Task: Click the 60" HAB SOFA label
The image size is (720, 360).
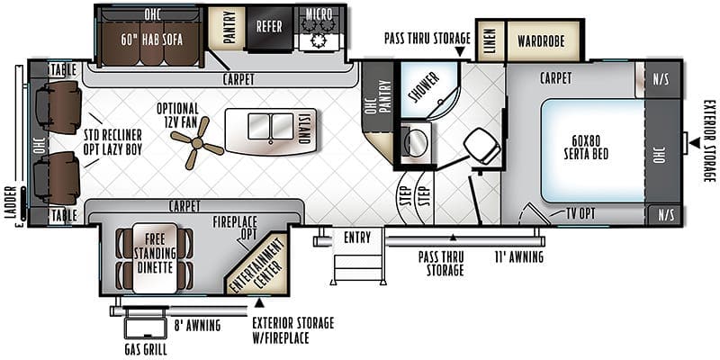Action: (151, 40)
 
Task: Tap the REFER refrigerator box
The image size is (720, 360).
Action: (269, 27)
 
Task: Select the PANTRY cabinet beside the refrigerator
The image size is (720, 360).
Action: (228, 27)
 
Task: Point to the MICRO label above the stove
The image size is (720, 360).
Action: (319, 13)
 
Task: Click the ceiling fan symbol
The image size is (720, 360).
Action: (197, 143)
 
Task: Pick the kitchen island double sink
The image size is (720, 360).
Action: (271, 126)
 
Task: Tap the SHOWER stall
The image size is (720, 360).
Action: (429, 89)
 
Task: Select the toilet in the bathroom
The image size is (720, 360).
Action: (481, 145)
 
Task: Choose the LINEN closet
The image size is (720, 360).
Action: (490, 40)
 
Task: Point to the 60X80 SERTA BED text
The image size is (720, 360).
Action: (587, 148)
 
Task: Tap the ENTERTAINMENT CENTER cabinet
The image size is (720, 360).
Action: (258, 264)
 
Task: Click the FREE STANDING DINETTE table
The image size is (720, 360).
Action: (155, 257)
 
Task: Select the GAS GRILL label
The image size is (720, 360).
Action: (146, 349)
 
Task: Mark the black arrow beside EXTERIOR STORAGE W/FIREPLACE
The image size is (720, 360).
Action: (259, 302)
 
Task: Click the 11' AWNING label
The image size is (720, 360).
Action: (518, 256)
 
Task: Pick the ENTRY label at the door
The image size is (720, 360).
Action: (357, 238)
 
